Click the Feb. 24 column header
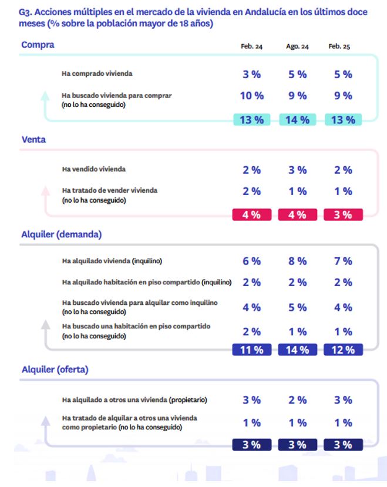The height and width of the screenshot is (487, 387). [x=251, y=46]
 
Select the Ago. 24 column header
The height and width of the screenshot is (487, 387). [x=297, y=46]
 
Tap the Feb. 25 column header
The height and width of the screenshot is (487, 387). [x=339, y=46]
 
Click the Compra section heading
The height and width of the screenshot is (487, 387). [x=38, y=45]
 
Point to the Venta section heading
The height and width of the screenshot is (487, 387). [x=33, y=139]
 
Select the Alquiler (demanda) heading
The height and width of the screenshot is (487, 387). [x=62, y=234]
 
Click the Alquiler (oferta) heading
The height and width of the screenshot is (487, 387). [x=55, y=370]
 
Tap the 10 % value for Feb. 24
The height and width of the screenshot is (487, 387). [x=252, y=96]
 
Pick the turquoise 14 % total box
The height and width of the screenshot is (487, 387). [x=298, y=120]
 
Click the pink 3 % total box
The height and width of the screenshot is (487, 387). [x=343, y=214]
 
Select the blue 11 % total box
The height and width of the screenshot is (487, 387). [x=252, y=350]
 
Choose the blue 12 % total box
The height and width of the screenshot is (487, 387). [x=343, y=350]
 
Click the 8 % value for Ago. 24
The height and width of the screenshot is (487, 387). [x=298, y=261]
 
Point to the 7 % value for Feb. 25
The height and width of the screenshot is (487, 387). [x=343, y=261]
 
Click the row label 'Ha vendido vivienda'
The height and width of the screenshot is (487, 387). [x=94, y=169]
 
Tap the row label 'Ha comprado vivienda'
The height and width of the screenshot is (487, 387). [x=97, y=73]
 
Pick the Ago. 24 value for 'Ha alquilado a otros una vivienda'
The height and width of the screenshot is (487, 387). [x=298, y=400]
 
